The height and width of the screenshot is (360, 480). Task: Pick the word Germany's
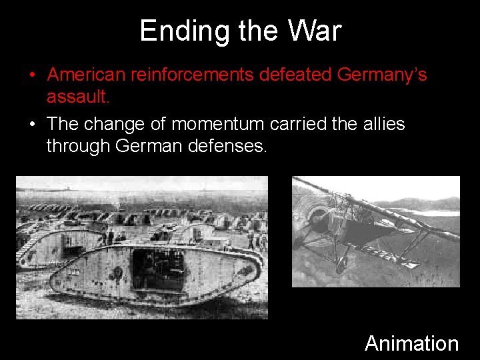[x=382, y=75]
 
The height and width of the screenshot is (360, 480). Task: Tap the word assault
[x=77, y=97]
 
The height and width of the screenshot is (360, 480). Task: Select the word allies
[x=384, y=124]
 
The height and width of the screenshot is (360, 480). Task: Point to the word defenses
[x=227, y=145]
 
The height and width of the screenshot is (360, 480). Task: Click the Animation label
[x=411, y=343]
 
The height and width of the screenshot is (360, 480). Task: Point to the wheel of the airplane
[x=341, y=265]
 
